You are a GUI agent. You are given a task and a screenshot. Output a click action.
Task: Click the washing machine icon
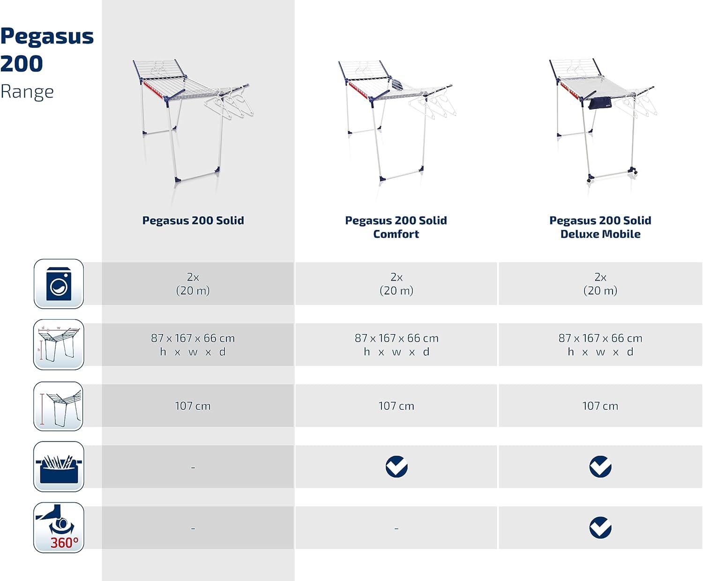pyautogui.click(x=59, y=283)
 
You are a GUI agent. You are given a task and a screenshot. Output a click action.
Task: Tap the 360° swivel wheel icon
pyautogui.click(x=59, y=527)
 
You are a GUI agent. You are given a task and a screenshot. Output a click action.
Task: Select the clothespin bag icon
pyautogui.click(x=59, y=466)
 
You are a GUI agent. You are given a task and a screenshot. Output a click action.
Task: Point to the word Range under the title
pyautogui.click(x=27, y=92)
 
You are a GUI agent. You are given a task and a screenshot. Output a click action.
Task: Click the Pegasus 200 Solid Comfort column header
pyautogui.click(x=396, y=227)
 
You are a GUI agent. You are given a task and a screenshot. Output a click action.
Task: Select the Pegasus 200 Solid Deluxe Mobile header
pyautogui.click(x=600, y=227)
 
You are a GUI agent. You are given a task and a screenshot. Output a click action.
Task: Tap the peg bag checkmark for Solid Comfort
pyautogui.click(x=396, y=466)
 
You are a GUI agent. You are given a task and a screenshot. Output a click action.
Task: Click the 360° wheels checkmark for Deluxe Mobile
pyautogui.click(x=600, y=527)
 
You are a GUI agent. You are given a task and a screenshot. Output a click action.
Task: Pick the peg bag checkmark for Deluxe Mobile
pyautogui.click(x=600, y=466)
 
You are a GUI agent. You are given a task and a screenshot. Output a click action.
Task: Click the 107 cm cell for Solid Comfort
pyautogui.click(x=396, y=405)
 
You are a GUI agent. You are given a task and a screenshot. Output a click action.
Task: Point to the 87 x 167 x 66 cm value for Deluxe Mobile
pyautogui.click(x=600, y=338)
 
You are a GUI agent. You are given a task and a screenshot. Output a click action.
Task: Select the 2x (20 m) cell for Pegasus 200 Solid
pyautogui.click(x=193, y=283)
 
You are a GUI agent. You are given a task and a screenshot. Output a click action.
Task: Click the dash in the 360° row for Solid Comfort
pyautogui.click(x=396, y=528)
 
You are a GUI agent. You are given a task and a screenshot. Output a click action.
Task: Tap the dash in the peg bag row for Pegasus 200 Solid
pyautogui.click(x=193, y=468)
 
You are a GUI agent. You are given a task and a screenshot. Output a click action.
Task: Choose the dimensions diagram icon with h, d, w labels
pyautogui.click(x=59, y=344)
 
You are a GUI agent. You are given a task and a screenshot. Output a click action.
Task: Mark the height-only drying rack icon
pyautogui.click(x=59, y=406)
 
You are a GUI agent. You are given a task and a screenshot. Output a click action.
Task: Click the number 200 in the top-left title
pyautogui.click(x=22, y=63)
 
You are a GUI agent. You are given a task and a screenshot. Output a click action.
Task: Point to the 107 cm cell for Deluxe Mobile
pyautogui.click(x=600, y=405)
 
